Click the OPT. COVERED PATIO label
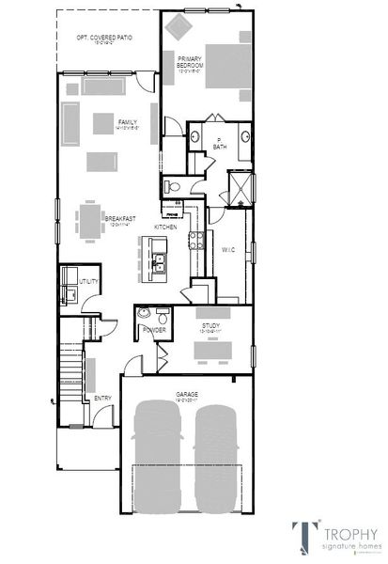(104, 37)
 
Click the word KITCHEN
(166, 227)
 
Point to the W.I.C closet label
(227, 249)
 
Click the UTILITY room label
(89, 281)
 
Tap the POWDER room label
(154, 330)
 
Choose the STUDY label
(210, 325)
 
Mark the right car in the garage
(216, 457)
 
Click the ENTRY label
(102, 398)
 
